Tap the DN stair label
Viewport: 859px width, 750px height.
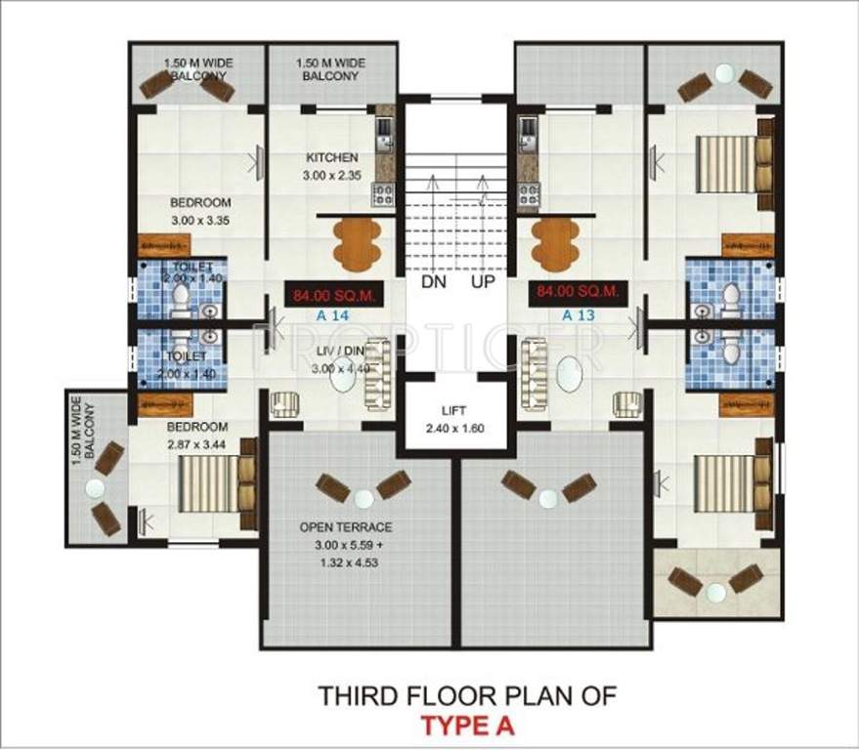tap(434, 282)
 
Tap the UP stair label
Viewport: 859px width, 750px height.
tap(484, 282)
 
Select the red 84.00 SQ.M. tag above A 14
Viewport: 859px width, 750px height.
tap(330, 294)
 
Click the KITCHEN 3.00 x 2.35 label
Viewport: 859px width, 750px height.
tap(331, 166)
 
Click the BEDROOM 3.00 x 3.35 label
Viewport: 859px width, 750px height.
tap(200, 211)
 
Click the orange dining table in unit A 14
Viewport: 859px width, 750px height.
tap(349, 237)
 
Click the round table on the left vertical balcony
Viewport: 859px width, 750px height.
tap(96, 488)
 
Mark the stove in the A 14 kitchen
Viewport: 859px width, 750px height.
tap(382, 193)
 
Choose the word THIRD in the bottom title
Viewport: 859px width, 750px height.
tap(352, 696)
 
